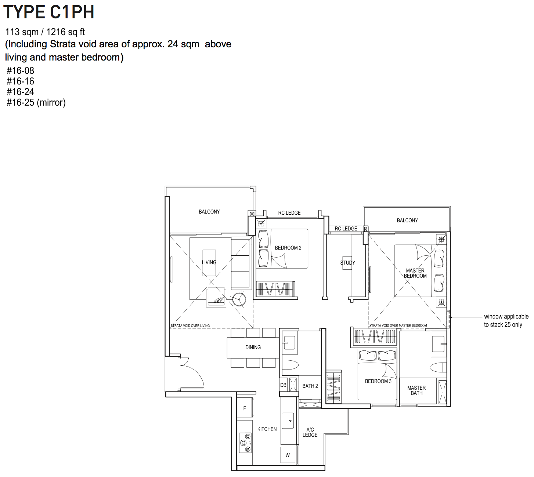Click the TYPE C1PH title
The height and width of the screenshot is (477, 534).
[x=49, y=12]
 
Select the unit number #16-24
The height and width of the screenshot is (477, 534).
[x=20, y=92]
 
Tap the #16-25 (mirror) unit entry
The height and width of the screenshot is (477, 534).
[x=36, y=102]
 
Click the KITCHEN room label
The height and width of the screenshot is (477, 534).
[x=267, y=429]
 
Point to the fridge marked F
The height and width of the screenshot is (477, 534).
[x=245, y=408]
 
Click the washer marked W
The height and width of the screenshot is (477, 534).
[x=287, y=455]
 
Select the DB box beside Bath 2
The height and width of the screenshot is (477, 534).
[x=283, y=385]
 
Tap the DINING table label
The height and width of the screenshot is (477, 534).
[x=253, y=347]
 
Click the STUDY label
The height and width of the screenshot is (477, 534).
[x=347, y=263]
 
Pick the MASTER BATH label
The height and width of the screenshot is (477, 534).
[x=416, y=390]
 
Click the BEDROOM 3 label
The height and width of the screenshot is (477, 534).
[x=378, y=381]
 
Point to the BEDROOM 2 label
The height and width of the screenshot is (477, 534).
[x=288, y=248]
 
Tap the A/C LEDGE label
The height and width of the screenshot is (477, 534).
[x=310, y=432]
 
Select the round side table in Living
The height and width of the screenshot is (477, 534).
[x=239, y=299]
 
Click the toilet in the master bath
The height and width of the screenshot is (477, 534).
[x=438, y=367]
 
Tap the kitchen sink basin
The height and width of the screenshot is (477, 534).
[x=288, y=420]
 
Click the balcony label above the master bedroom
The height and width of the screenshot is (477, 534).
[x=407, y=221]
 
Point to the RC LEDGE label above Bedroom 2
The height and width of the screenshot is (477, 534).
[x=289, y=213]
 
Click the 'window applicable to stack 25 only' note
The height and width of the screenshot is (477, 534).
[x=506, y=321]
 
